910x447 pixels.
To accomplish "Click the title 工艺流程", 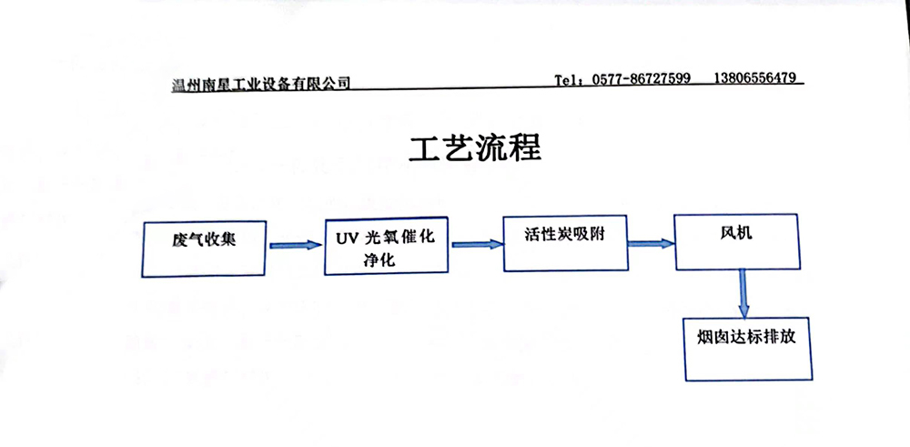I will click(475, 148).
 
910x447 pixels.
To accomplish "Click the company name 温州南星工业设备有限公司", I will click(261, 84).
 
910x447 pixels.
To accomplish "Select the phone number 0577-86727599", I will click(642, 79).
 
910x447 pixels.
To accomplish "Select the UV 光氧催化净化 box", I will click(387, 247).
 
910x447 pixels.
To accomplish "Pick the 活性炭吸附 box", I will click(566, 243).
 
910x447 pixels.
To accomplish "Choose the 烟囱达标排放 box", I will click(747, 347).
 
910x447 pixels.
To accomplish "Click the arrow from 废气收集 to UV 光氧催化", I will click(297, 245).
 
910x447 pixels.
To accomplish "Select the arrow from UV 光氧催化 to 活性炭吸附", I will click(477, 244).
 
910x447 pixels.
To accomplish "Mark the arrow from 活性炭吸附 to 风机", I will click(651, 242).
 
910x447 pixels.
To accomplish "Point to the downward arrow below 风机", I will click(743, 291).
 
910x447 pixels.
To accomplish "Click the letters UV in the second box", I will click(345, 238).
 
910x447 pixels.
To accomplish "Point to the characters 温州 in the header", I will click(186, 85).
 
